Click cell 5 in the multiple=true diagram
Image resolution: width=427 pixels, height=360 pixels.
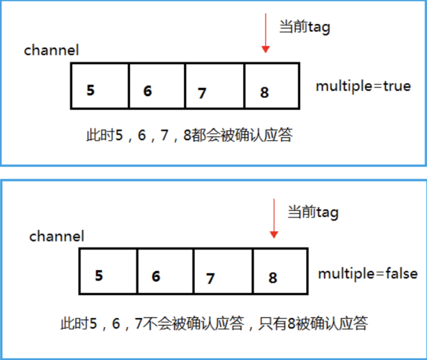(100, 85)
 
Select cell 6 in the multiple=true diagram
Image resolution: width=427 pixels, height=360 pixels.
(157, 85)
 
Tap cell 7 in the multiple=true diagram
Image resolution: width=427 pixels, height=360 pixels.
(214, 85)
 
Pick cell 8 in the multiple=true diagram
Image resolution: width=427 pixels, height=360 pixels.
(270, 85)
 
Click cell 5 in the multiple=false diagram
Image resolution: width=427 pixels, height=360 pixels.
(108, 271)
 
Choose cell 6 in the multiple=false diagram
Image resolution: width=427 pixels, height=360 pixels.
(165, 271)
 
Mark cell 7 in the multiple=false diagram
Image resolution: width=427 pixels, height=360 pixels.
(223, 271)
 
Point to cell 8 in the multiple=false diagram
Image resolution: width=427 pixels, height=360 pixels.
(280, 271)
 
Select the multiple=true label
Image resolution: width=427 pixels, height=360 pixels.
(363, 86)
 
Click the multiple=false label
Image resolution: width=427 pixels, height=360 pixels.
(367, 274)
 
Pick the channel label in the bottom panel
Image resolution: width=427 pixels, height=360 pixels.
(57, 236)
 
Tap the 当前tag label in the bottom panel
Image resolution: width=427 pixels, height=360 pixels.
(313, 212)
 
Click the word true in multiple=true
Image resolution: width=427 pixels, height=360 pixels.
(396, 86)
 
